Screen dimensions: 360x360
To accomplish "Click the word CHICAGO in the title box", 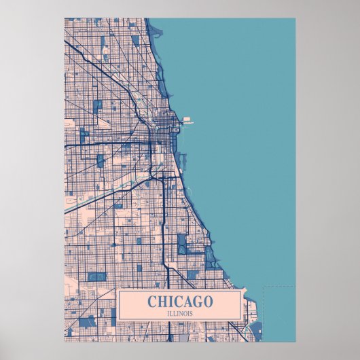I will pyautogui.click(x=180, y=301).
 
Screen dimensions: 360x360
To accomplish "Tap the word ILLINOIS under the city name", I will pyautogui.click(x=180, y=312).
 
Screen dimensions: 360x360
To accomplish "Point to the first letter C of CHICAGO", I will pyautogui.click(x=151, y=301).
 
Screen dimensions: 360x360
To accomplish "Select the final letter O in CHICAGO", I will pyautogui.click(x=208, y=301).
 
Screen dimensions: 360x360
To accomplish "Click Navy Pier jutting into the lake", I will pyautogui.click(x=187, y=123).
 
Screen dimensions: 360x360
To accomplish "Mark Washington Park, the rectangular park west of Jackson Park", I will pyautogui.click(x=181, y=244).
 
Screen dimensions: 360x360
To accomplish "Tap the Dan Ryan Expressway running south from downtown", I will pyautogui.click(x=164, y=224).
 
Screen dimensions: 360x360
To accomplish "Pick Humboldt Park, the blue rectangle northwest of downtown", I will pyautogui.click(x=98, y=105).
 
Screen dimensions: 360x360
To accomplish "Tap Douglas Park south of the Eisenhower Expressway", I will pyautogui.click(x=101, y=160).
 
